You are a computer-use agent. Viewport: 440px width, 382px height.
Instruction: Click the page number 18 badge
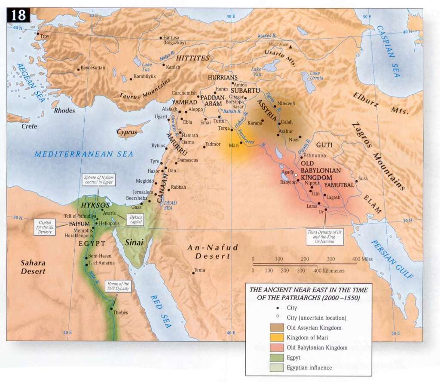click(18, 15)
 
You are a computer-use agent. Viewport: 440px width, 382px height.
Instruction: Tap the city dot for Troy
click(38, 34)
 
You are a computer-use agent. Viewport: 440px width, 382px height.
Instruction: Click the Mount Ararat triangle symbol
click(291, 46)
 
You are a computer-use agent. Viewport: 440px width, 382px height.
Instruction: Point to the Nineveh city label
click(287, 104)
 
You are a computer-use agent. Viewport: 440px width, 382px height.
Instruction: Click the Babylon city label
click(288, 182)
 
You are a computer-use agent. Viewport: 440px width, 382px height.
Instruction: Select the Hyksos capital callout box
click(135, 220)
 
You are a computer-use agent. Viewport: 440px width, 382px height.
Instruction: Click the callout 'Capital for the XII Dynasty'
click(45, 226)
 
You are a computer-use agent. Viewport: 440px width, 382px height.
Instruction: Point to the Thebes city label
click(120, 312)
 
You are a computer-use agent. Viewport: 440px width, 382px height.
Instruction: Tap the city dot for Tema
click(193, 273)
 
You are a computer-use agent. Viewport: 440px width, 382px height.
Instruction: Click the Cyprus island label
click(128, 132)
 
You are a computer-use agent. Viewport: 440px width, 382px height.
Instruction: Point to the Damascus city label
click(188, 160)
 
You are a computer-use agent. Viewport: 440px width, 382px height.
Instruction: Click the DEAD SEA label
click(170, 205)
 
